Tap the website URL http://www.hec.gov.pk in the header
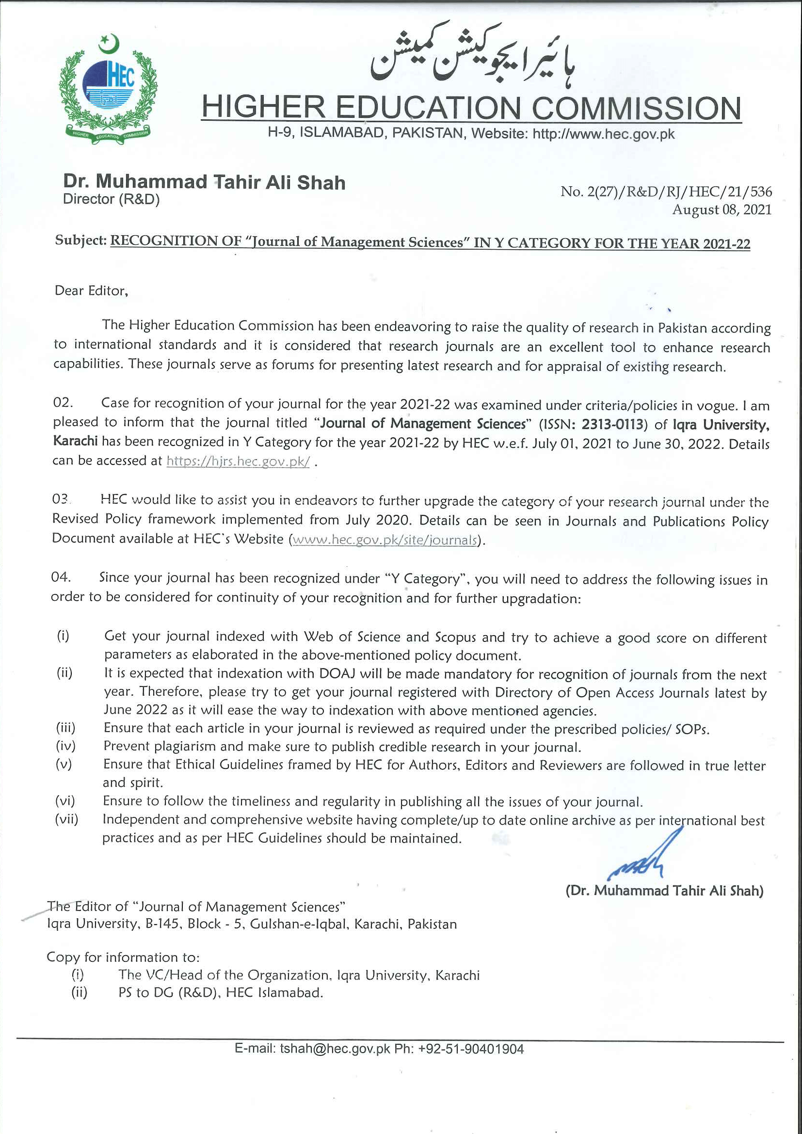coord(603,134)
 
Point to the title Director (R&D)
coord(111,199)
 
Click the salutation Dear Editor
coord(91,290)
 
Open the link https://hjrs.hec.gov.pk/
coord(238,461)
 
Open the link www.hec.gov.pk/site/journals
coord(385,540)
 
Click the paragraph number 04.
coord(61,576)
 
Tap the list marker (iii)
coord(65,728)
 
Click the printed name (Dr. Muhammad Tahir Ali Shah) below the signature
coord(664,891)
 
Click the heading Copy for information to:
coord(123,957)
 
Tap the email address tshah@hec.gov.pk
coord(335,1049)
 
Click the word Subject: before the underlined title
coord(80,240)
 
